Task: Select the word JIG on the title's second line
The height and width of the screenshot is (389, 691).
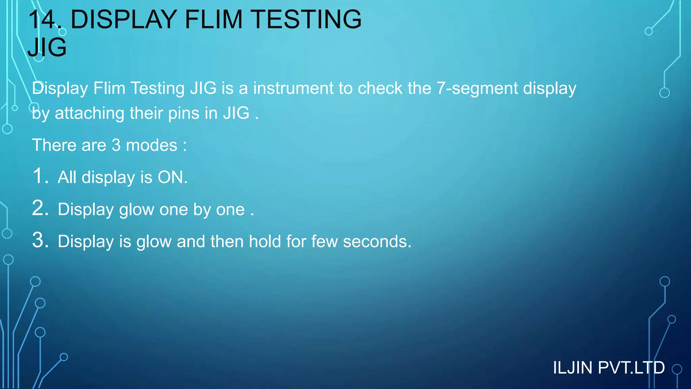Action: pos(47,47)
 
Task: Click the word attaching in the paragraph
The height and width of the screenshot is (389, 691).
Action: pos(89,113)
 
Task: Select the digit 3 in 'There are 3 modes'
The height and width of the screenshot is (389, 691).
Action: pos(116,146)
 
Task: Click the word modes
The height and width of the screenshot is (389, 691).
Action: pos(151,146)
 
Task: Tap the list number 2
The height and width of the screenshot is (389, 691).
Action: pos(40,208)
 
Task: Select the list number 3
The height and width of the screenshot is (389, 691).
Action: pos(40,240)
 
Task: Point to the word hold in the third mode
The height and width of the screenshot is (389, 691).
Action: pos(265,241)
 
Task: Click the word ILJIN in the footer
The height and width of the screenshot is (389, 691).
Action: pos(572,368)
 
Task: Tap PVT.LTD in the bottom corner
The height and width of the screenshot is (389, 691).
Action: pos(631,368)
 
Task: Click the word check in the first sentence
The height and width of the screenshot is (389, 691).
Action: pos(380,88)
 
